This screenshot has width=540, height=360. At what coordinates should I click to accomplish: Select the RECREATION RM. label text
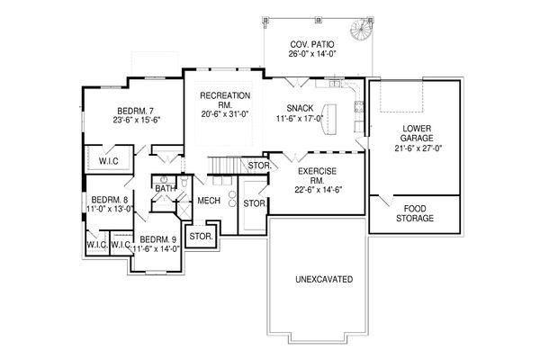tap(225, 95)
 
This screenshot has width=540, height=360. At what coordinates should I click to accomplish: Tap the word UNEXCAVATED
tap(323, 279)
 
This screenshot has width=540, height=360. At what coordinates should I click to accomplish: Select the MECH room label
tap(209, 201)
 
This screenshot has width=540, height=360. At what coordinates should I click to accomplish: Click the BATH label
tap(165, 188)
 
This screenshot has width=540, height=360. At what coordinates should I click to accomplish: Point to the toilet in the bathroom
tap(182, 186)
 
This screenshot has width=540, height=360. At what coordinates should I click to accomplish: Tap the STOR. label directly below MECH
tap(200, 237)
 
